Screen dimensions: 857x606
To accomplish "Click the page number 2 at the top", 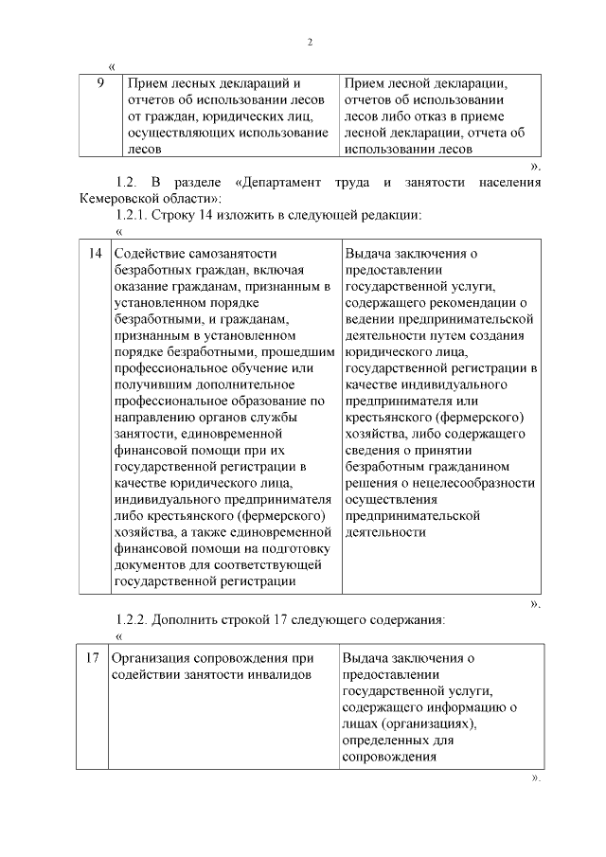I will click(310, 42).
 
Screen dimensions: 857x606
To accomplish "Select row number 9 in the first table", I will click(100, 83).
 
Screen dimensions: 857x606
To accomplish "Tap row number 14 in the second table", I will click(95, 253).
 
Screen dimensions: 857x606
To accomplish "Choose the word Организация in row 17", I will click(151, 658).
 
